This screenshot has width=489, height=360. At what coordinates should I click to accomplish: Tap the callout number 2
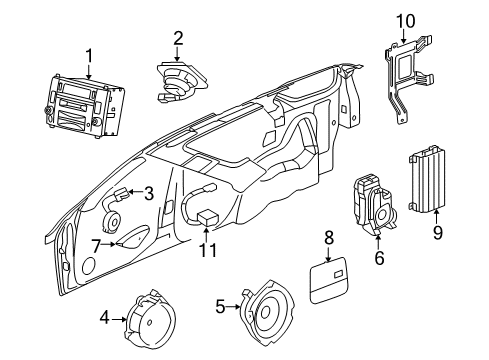point(177,39)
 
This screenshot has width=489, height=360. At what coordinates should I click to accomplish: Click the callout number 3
point(147,193)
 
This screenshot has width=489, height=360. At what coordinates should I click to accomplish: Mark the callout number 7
point(97,245)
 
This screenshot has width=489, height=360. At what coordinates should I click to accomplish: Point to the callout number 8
point(327,237)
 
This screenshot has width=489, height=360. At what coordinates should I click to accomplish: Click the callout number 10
point(405,20)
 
